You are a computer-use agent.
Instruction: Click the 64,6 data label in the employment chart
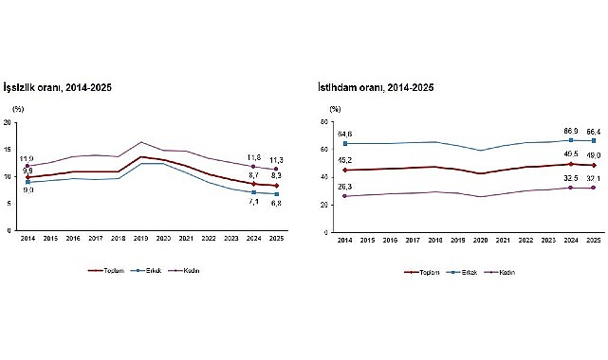pos(343,135)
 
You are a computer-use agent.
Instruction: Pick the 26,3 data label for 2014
pos(343,187)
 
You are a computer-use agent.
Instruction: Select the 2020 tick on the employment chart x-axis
pos(484,240)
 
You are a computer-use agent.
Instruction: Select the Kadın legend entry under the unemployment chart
pos(193,270)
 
